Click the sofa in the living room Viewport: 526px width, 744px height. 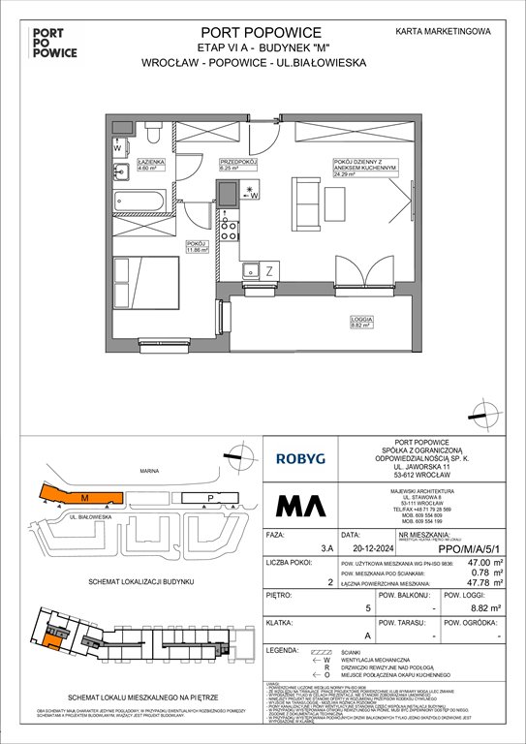[308, 204]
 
